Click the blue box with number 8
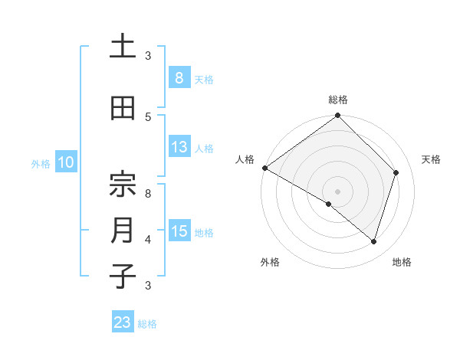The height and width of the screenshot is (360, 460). tap(179, 78)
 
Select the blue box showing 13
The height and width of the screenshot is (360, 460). tap(179, 147)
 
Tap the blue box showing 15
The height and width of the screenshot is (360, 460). tap(179, 231)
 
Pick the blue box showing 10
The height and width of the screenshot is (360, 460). tap(65, 162)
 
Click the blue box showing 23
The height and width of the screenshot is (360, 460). tap(123, 322)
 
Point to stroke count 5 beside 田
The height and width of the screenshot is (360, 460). tap(149, 116)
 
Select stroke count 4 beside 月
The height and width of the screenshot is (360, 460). tap(149, 239)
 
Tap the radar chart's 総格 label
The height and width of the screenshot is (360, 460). tap(337, 100)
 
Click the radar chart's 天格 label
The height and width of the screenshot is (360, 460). tap(431, 159)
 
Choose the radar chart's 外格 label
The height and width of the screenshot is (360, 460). tap(270, 262)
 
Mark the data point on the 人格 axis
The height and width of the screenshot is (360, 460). tap(264, 168)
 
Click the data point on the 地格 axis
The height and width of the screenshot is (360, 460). tap(373, 242)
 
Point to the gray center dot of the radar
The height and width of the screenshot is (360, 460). tap(337, 191)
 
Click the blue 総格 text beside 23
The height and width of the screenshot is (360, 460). tap(147, 324)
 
